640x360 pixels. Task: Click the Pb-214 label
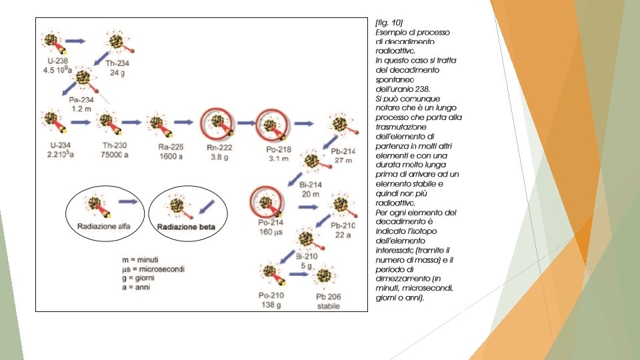click(344, 152)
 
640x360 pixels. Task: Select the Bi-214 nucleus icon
click(311, 161)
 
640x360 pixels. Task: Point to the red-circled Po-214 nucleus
click(266, 203)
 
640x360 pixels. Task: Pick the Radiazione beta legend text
click(183, 227)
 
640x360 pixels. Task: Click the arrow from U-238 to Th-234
click(75, 41)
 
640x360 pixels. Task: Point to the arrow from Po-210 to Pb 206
click(297, 275)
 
